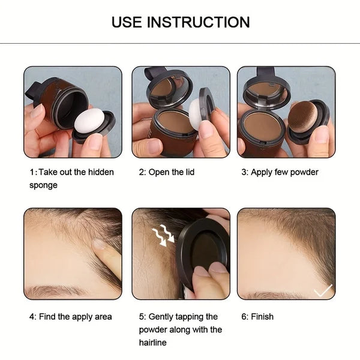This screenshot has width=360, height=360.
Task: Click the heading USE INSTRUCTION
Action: click(x=180, y=23)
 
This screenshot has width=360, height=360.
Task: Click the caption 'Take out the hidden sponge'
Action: click(x=71, y=178)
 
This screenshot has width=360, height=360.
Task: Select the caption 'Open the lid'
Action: click(x=167, y=172)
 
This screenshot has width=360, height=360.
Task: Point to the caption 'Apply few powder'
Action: click(x=280, y=172)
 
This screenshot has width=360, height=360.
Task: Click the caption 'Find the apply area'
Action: click(x=70, y=316)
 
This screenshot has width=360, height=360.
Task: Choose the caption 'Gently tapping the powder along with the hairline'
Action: click(x=180, y=329)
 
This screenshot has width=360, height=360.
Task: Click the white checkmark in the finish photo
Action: click(x=323, y=290)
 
